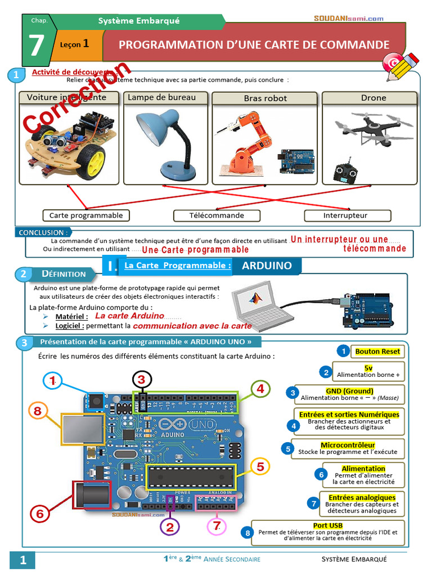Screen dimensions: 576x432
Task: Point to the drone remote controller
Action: coord(344,172)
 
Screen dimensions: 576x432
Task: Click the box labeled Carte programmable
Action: coord(86,215)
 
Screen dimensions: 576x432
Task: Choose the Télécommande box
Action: coord(217,215)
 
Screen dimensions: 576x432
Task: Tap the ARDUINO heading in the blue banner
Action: coord(267,265)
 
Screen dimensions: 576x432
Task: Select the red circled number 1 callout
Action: coord(52,381)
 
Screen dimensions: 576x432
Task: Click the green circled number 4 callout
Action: coord(260,388)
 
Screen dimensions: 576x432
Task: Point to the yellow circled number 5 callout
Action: coord(260,466)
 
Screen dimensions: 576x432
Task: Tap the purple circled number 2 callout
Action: coord(170,526)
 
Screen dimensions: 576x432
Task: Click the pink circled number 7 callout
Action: coord(217,526)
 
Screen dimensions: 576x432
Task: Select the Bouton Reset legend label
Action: coord(377,352)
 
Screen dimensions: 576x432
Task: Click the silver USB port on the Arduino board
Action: coord(79,430)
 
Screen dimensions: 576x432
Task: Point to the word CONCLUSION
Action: coord(42,232)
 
